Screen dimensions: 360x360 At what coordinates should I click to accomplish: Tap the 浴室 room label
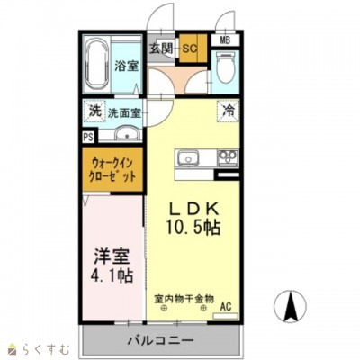tap(127, 66)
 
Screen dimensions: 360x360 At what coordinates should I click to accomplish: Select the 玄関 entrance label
tap(160, 47)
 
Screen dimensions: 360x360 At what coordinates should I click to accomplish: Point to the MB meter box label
tap(224, 40)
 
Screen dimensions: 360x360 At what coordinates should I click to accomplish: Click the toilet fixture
tap(224, 68)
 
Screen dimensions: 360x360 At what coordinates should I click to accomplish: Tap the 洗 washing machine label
tap(94, 112)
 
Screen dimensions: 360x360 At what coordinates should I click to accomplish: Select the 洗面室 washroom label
tap(124, 113)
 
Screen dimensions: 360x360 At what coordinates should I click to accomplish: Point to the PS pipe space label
tap(87, 137)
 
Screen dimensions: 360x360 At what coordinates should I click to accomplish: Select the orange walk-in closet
tap(113, 171)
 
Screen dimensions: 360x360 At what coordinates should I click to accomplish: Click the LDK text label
tap(193, 206)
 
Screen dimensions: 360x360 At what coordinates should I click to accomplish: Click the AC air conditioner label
tap(227, 307)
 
